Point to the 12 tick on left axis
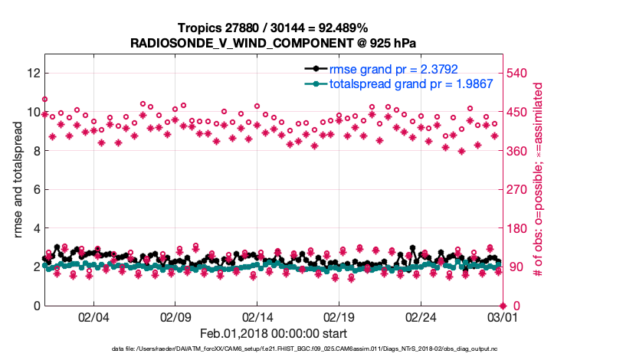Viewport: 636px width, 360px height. [33, 73]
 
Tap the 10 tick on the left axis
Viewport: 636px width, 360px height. [33, 112]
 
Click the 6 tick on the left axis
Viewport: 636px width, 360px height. [36, 189]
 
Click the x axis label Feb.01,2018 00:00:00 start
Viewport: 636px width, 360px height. [273, 333]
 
